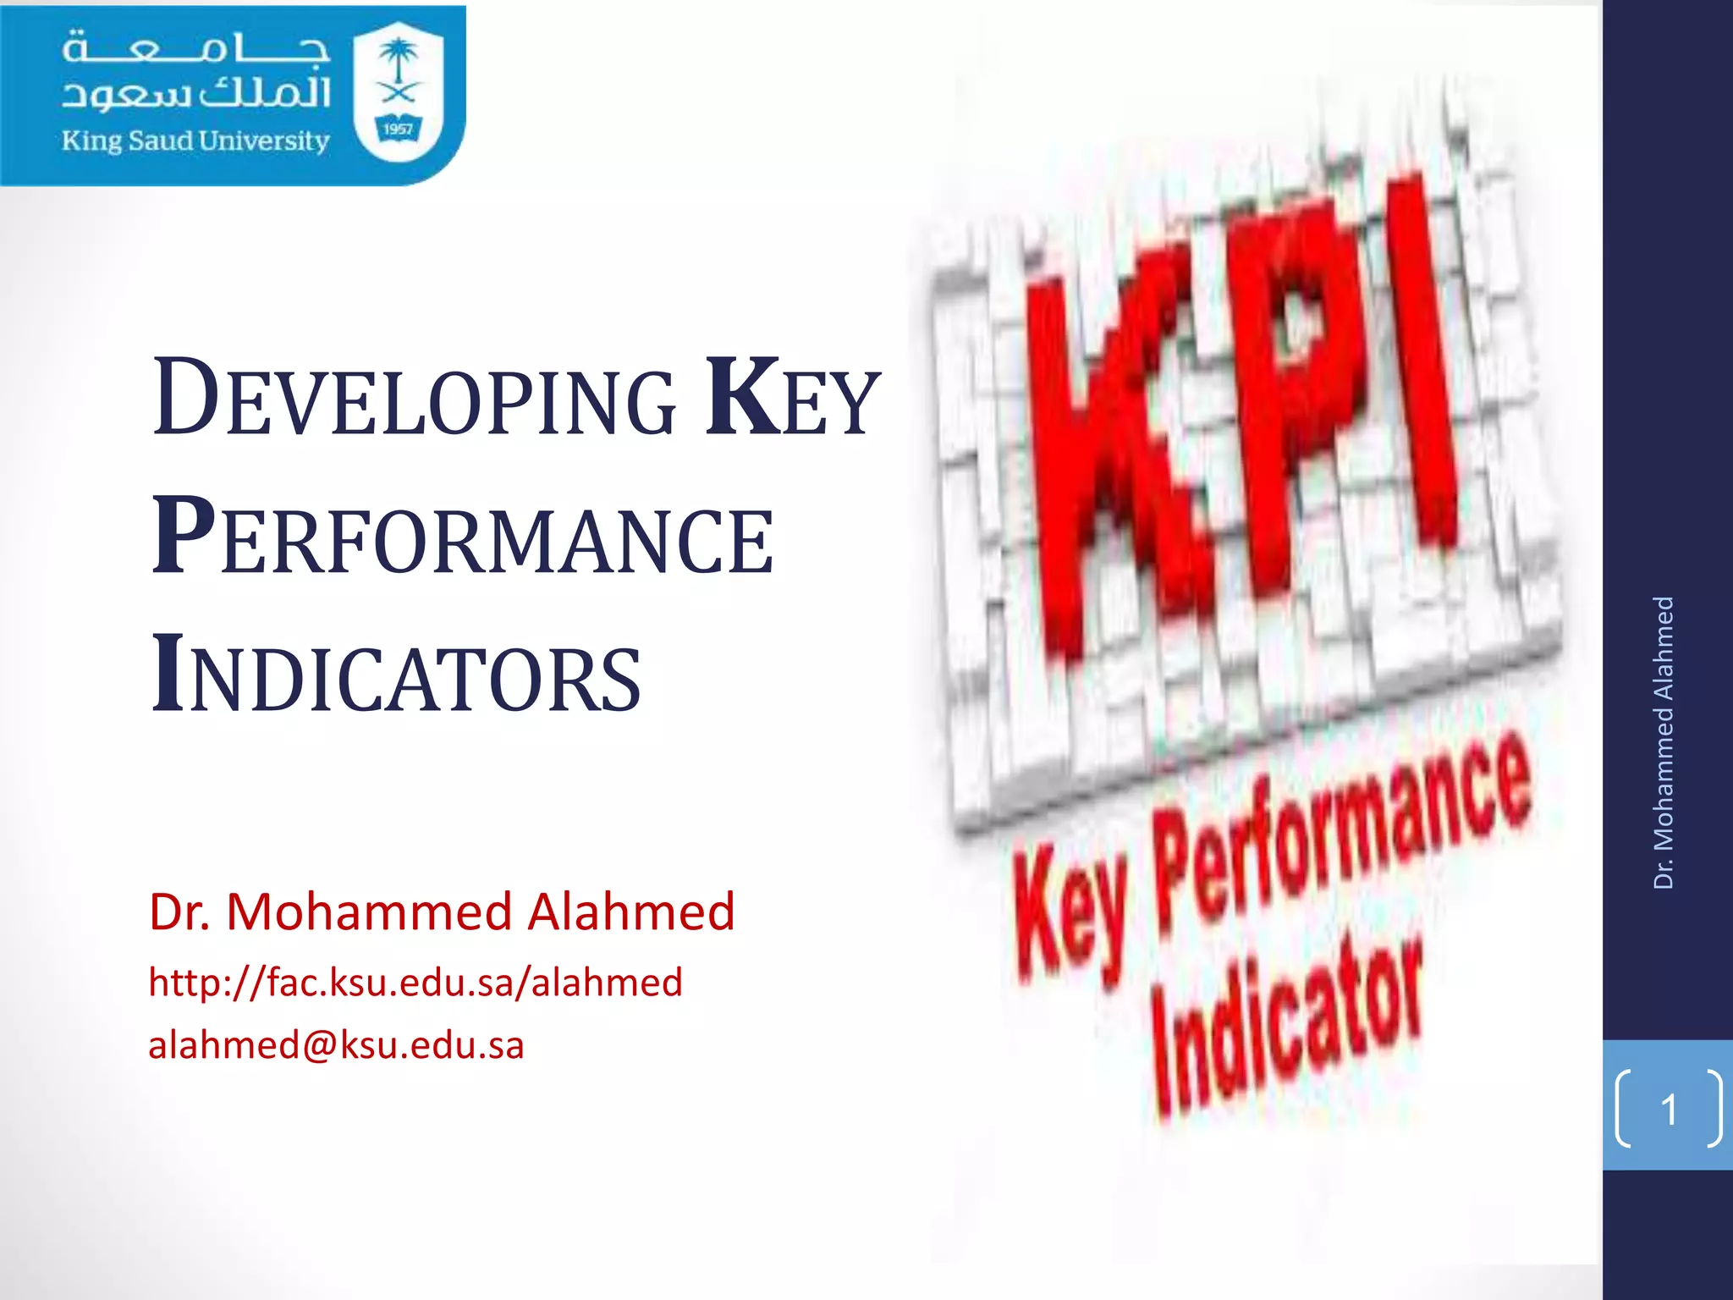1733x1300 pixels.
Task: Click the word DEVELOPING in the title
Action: point(415,398)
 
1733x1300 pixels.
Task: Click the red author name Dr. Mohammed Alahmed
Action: point(442,912)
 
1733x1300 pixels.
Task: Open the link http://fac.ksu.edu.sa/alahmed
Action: point(415,983)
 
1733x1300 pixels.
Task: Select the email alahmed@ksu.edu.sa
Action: point(336,1045)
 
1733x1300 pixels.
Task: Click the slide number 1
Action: point(1669,1110)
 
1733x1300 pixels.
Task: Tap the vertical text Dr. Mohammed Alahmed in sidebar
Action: point(1664,742)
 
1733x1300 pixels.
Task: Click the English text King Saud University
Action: point(195,140)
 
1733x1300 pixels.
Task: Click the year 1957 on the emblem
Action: point(398,129)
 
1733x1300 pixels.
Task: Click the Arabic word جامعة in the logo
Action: point(195,49)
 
